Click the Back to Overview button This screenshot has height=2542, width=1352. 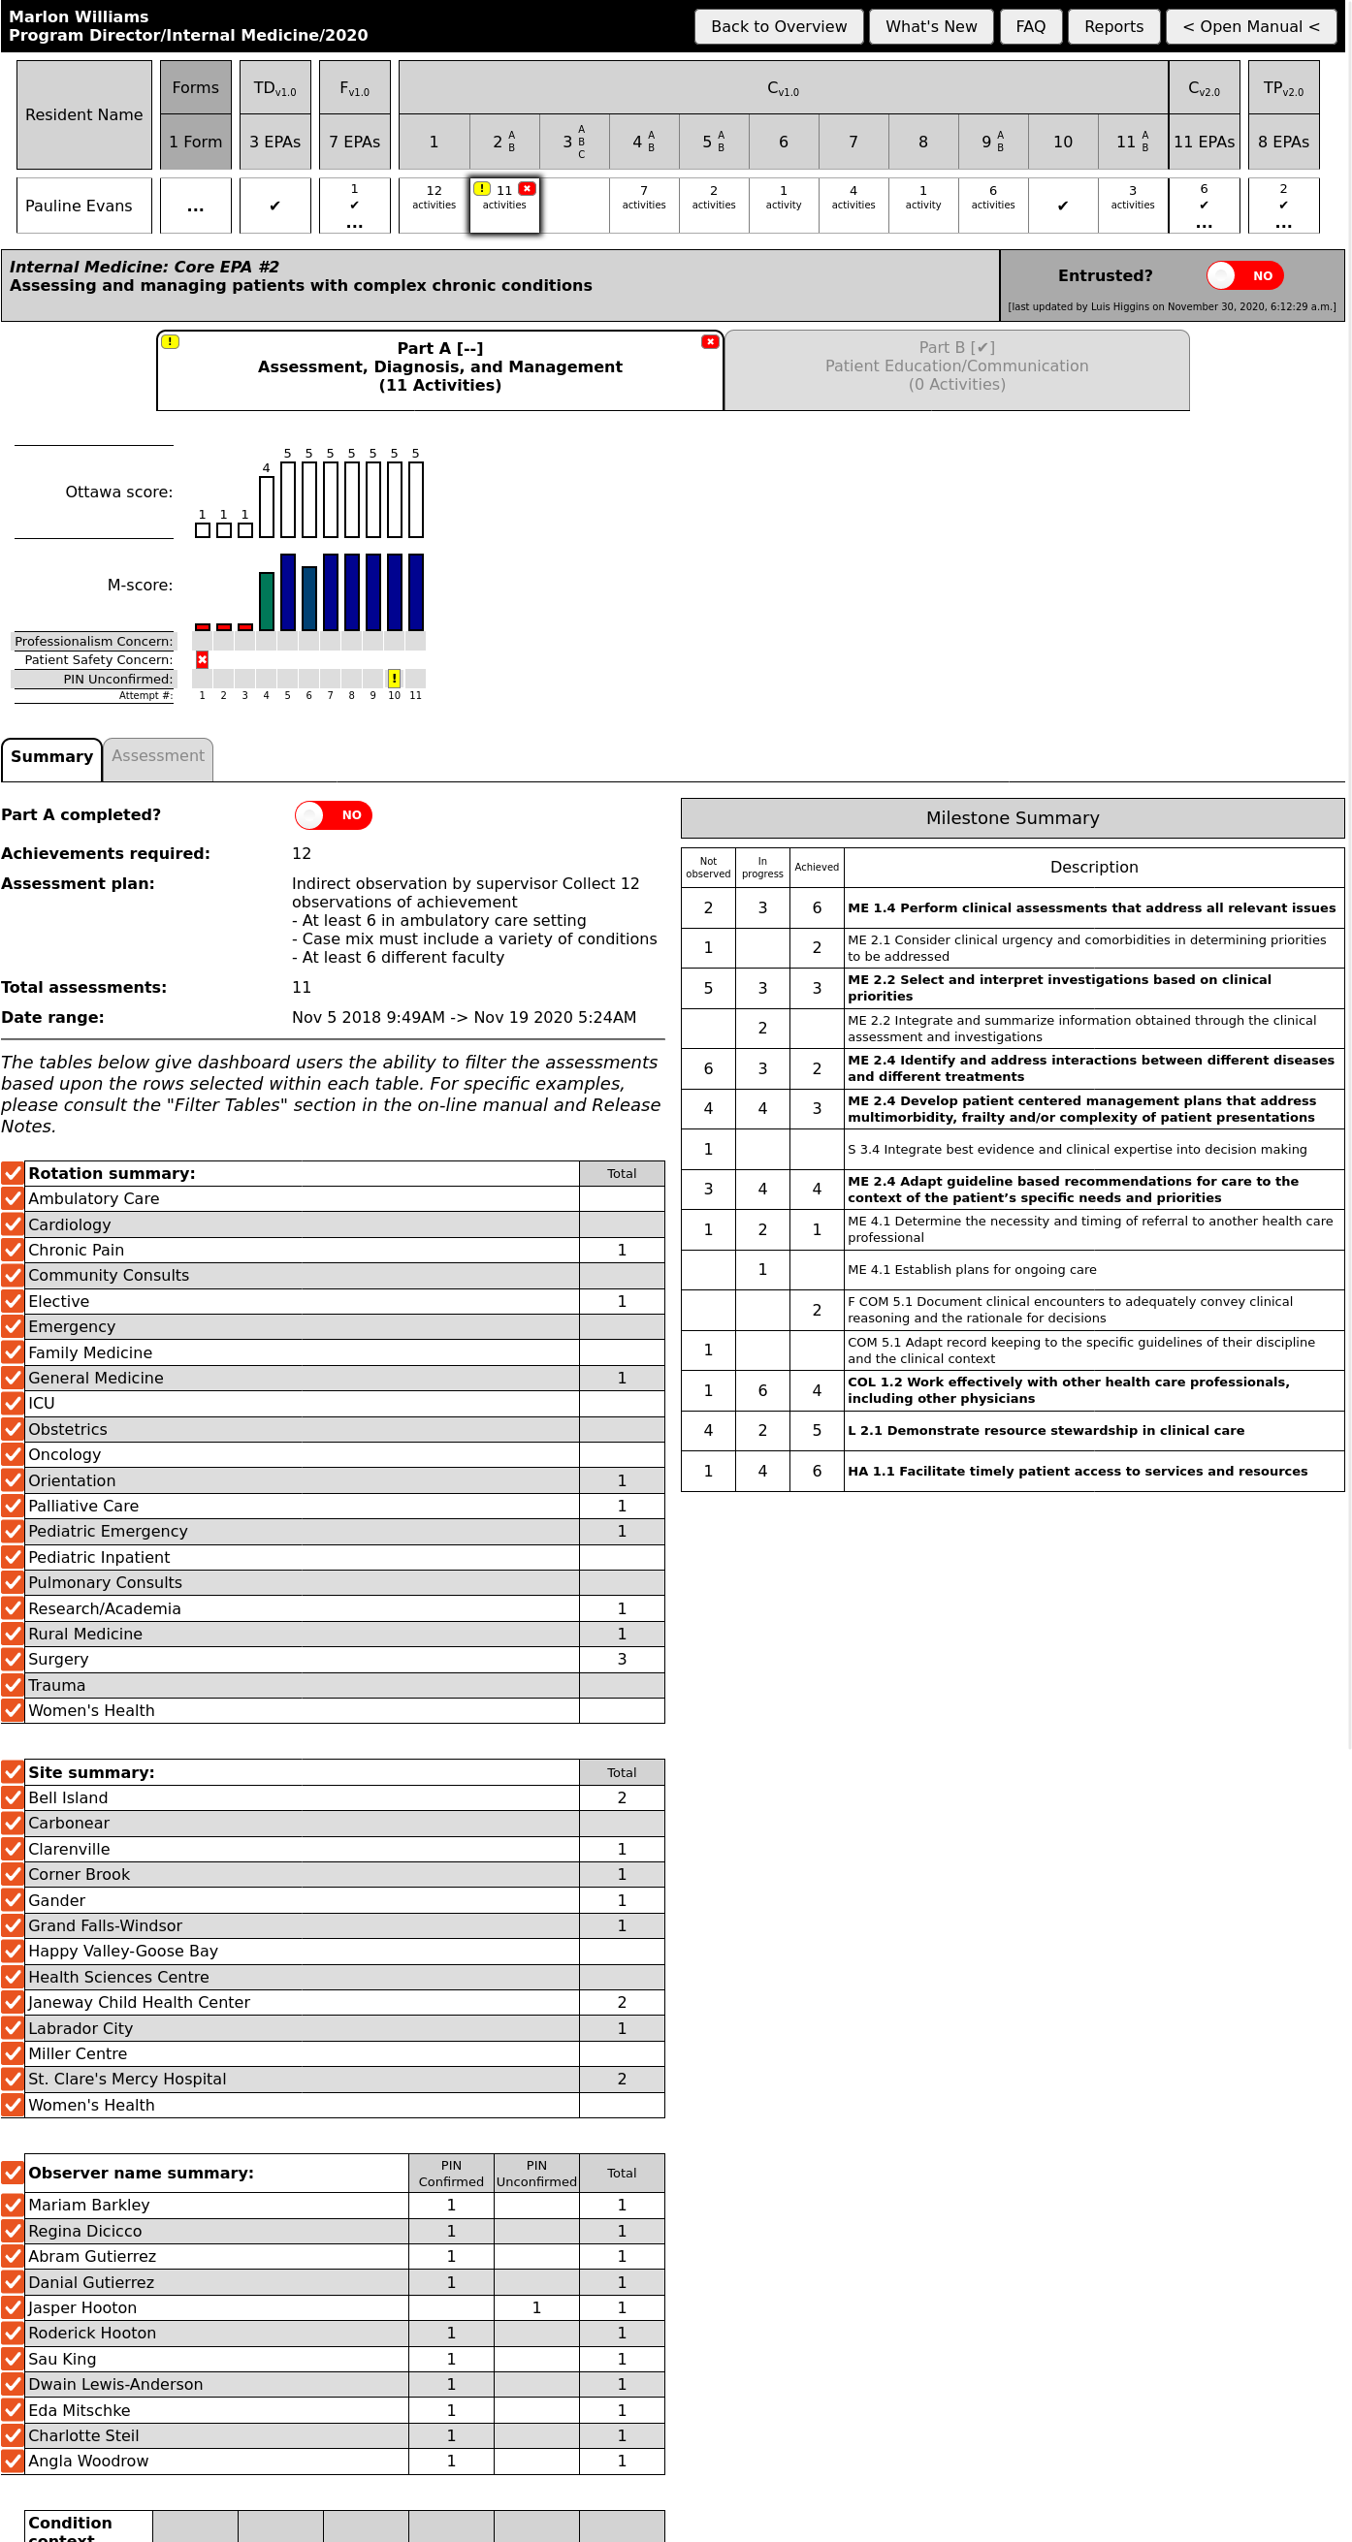778,26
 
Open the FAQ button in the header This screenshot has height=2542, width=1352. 1029,26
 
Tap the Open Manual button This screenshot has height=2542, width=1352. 1249,26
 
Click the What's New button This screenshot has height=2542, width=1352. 930,26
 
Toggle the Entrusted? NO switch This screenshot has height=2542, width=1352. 1243,275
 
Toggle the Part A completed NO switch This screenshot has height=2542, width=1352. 333,814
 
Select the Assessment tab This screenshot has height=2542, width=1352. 158,756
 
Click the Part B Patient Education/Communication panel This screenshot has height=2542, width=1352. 955,367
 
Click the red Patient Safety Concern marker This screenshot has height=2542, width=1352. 203,659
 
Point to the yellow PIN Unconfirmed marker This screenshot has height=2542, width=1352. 394,678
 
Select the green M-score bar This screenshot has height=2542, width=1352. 267,600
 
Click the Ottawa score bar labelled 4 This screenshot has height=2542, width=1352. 267,506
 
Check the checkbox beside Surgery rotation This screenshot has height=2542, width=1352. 13,1659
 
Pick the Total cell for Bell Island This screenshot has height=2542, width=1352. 621,1797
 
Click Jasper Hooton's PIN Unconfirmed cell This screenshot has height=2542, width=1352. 536,2307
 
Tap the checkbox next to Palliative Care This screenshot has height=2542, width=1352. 13,1505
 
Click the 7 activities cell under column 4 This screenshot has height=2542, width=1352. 643,198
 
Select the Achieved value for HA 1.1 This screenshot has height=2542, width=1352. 816,1471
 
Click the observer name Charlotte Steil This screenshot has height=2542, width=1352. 83,2434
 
